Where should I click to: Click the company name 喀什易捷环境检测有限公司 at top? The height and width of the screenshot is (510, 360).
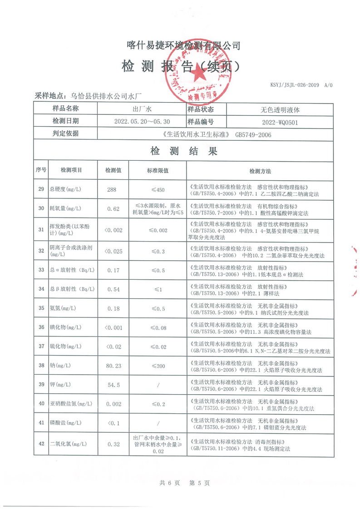183,45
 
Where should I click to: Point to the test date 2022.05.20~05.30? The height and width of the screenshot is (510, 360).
143,122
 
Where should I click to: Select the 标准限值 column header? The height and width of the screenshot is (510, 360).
158,171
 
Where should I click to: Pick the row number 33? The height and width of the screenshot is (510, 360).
41,270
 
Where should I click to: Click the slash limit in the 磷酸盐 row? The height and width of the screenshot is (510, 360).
158,423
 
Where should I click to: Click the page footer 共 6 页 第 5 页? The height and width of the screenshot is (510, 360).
184,483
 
